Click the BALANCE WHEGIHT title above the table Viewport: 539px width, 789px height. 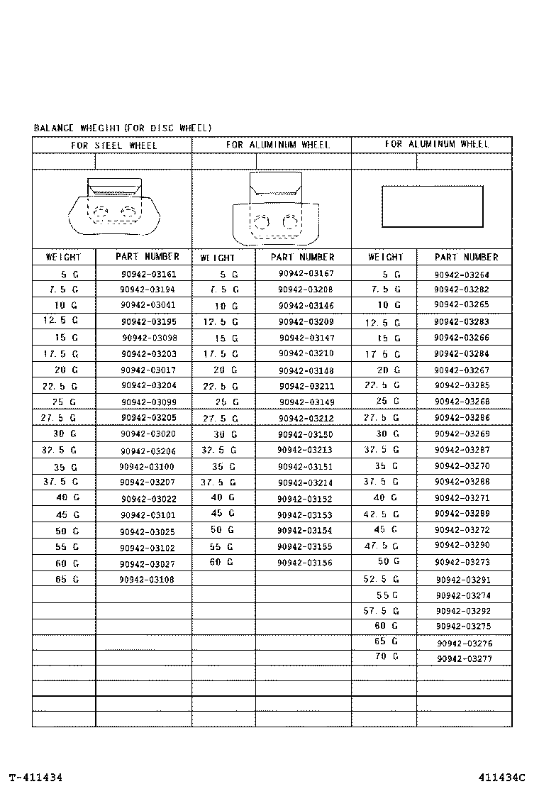point(123,128)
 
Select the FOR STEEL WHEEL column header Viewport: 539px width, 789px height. point(113,145)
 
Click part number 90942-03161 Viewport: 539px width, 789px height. point(148,274)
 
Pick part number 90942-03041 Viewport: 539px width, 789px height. point(148,305)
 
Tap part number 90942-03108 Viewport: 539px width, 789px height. point(148,579)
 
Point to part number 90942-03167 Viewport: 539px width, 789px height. point(306,274)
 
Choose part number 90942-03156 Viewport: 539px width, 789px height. point(305,563)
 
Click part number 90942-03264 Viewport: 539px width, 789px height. point(462,275)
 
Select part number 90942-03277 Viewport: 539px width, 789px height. point(465,659)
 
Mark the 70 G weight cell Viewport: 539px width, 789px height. point(387,657)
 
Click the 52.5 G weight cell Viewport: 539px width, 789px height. point(382,579)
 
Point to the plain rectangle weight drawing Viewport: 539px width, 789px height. point(433,206)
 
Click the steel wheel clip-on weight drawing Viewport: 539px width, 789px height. point(112,207)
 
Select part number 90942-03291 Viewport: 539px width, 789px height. point(464,580)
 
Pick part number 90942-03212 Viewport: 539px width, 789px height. point(305,418)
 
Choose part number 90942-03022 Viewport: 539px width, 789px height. point(148,499)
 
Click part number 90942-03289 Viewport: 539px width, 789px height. point(462,514)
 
